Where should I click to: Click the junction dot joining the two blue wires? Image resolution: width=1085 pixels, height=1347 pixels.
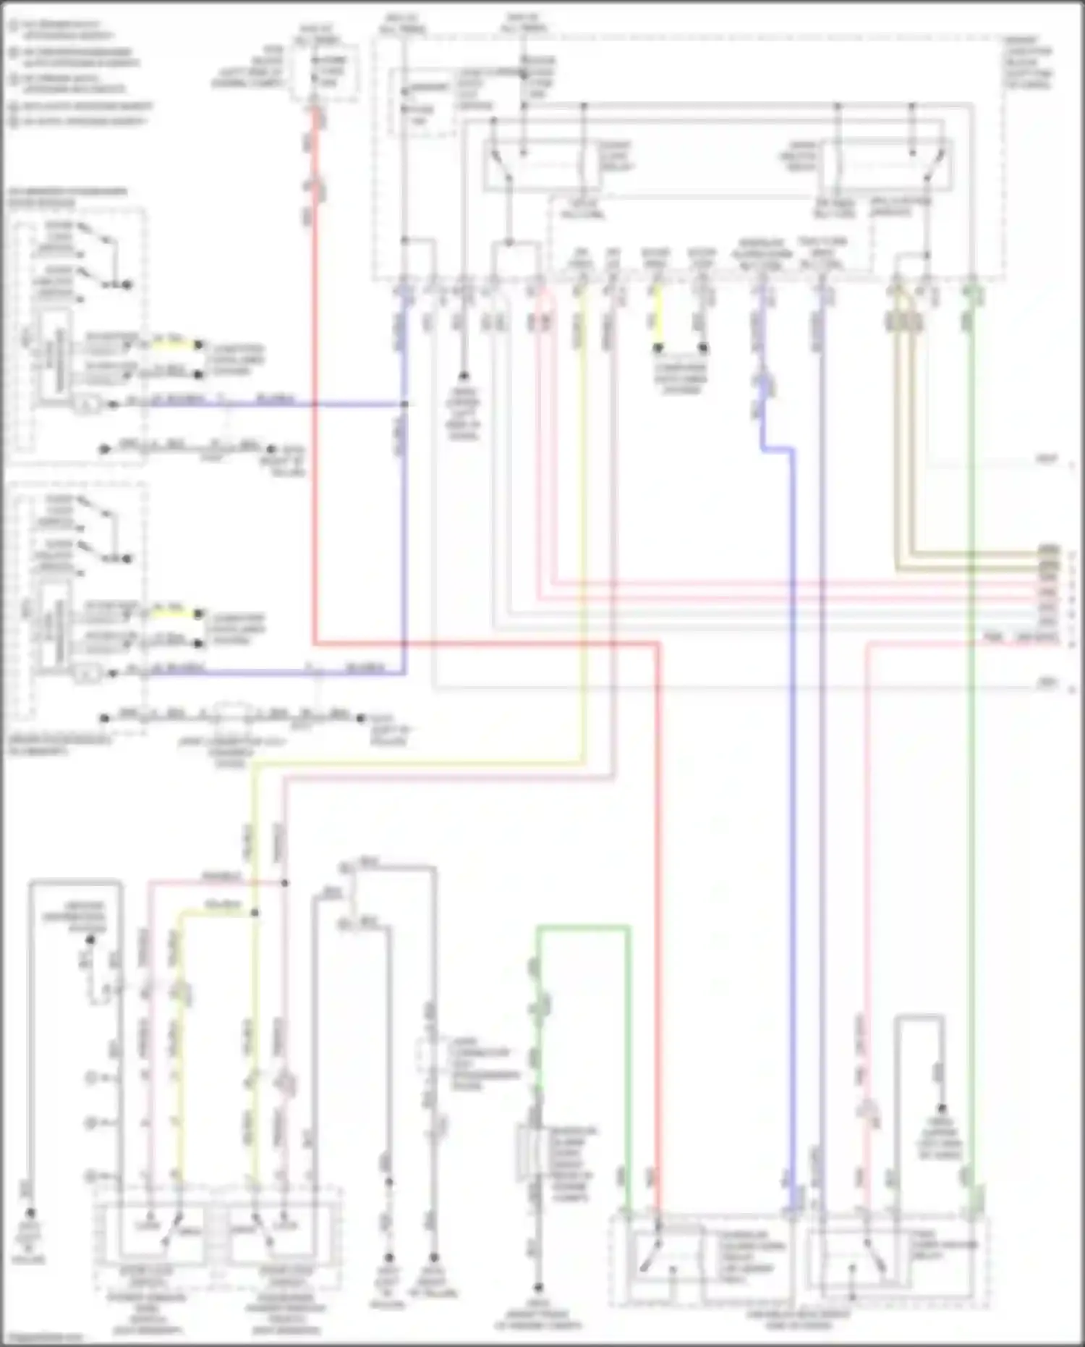coord(405,404)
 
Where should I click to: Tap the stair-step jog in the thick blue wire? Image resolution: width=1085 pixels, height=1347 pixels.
coord(778,449)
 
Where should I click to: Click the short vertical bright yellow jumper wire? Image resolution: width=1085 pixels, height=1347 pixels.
coord(658,318)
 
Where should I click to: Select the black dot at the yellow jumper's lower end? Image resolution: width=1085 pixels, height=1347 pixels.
coord(658,348)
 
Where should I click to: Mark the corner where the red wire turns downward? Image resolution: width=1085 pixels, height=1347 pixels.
coord(658,643)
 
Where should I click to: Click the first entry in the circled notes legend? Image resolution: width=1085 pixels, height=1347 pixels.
coord(14,27)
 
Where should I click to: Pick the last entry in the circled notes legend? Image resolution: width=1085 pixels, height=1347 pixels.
coord(14,121)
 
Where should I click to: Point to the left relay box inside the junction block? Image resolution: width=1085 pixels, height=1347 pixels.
coord(542,165)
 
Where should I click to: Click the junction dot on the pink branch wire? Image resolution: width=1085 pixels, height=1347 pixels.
coord(284,883)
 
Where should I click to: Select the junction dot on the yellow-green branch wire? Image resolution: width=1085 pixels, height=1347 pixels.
coord(255,913)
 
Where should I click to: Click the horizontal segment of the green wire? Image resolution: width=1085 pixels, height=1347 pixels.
coord(582,927)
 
